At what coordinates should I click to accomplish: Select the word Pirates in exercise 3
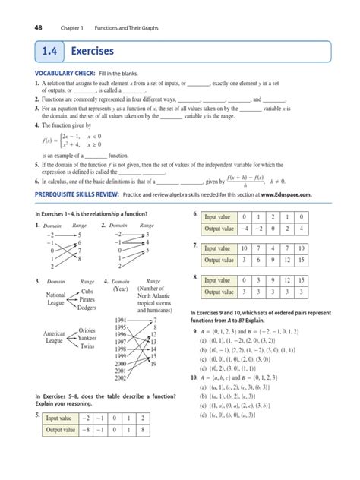click(x=90, y=300)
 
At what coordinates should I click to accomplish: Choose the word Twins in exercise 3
click(x=87, y=346)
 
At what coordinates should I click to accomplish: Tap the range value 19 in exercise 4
click(x=154, y=364)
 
